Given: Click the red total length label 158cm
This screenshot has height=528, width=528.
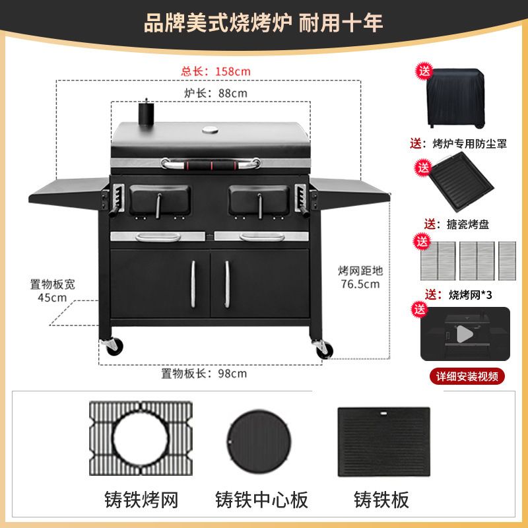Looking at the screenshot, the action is (x=216, y=71).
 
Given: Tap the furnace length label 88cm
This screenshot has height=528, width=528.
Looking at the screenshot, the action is (x=216, y=93).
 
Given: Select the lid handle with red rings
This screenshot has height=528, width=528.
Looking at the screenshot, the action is (x=211, y=164).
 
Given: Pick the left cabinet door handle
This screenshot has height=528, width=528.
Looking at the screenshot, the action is (x=193, y=284).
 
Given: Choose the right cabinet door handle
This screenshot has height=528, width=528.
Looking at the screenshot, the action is (x=227, y=284).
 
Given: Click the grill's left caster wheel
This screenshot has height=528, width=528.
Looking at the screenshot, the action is (x=113, y=346).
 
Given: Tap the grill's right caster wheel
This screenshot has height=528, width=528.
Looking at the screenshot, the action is (x=324, y=348).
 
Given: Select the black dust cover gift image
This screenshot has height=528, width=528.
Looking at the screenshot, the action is (x=455, y=98).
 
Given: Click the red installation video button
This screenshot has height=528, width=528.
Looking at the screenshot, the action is (x=467, y=376).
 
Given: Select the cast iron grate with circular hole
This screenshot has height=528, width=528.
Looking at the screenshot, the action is (x=141, y=438).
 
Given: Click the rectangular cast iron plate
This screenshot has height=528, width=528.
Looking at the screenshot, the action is (x=384, y=442).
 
